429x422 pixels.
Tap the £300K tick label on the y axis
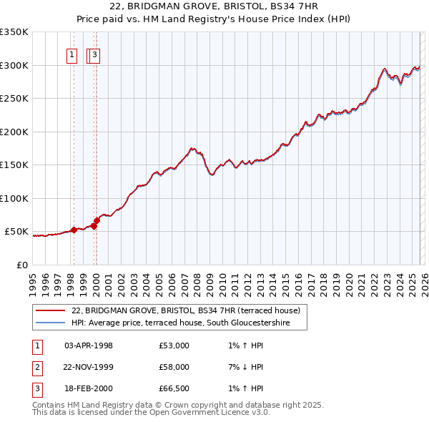[14, 65]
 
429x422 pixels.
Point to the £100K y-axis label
[14, 198]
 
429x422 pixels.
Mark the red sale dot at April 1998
[74, 230]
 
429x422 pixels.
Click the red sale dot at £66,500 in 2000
[97, 221]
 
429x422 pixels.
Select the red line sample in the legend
[50, 310]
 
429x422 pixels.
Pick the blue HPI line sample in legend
[50, 323]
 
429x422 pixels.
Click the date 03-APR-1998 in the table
[89, 345]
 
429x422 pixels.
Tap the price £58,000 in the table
[174, 367]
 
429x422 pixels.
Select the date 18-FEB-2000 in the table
[89, 388]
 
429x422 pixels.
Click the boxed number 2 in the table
[36, 367]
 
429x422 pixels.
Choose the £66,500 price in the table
[174, 388]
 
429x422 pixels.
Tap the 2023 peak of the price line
[384, 69]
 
